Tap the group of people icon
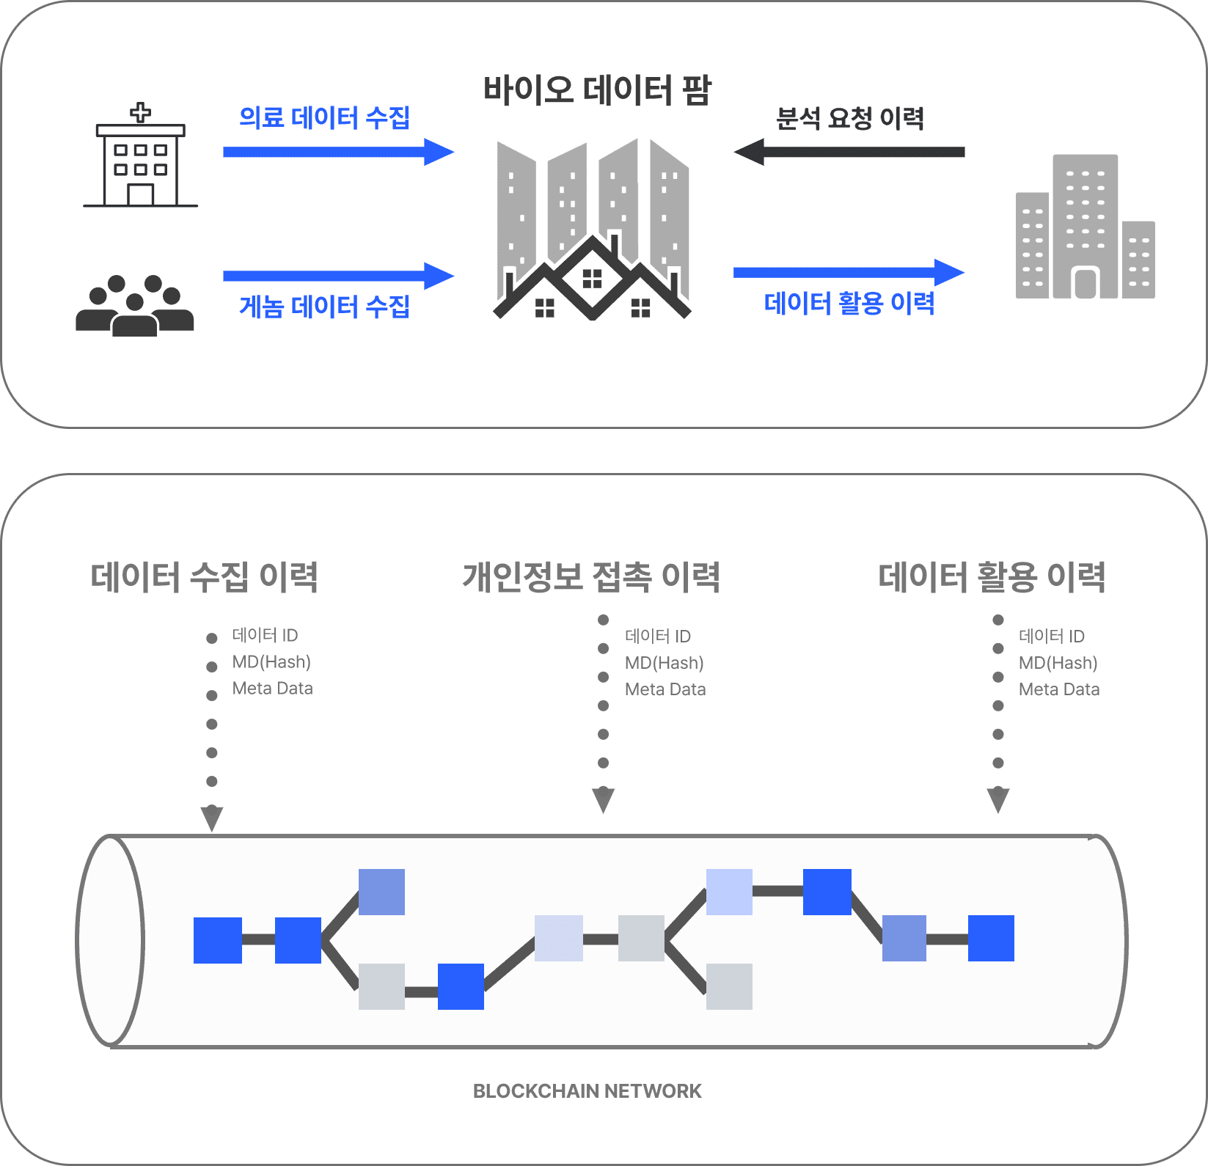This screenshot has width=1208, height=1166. tap(134, 306)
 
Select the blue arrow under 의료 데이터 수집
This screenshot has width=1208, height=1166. tap(338, 152)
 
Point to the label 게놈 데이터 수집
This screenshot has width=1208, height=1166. tap(324, 306)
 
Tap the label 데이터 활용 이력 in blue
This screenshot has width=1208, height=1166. tap(849, 302)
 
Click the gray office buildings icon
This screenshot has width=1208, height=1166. tap(1085, 228)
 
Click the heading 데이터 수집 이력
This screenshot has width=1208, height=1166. tap(204, 577)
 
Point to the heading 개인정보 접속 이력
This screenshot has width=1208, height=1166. tap(591, 577)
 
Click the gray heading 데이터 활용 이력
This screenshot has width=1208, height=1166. tap(992, 577)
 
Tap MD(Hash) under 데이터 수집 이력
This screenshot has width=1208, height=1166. tap(271, 662)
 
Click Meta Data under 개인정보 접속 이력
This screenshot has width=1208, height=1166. tap(665, 689)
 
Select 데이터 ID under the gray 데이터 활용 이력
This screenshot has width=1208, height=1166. tap(1051, 636)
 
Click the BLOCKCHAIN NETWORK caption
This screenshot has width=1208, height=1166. tap(587, 1091)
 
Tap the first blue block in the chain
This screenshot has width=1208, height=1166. tap(218, 940)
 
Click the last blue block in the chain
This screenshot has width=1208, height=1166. tap(991, 938)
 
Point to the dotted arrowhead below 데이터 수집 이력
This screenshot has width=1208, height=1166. tap(212, 816)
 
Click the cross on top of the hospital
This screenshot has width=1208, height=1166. tap(140, 113)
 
